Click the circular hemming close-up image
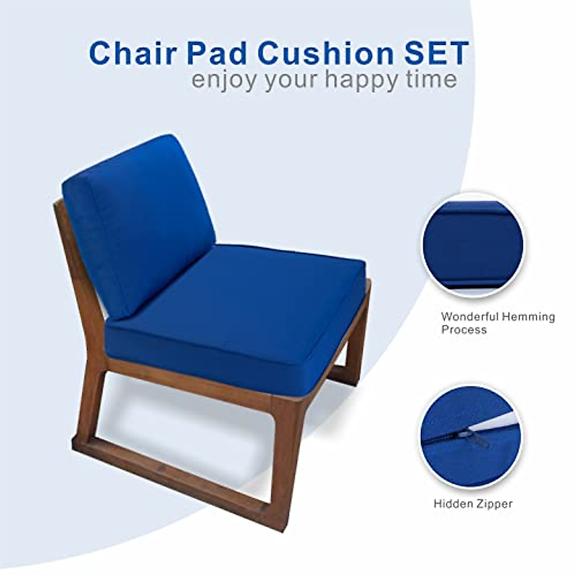click(472, 245)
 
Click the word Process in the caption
click(464, 330)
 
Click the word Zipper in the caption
click(495, 504)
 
